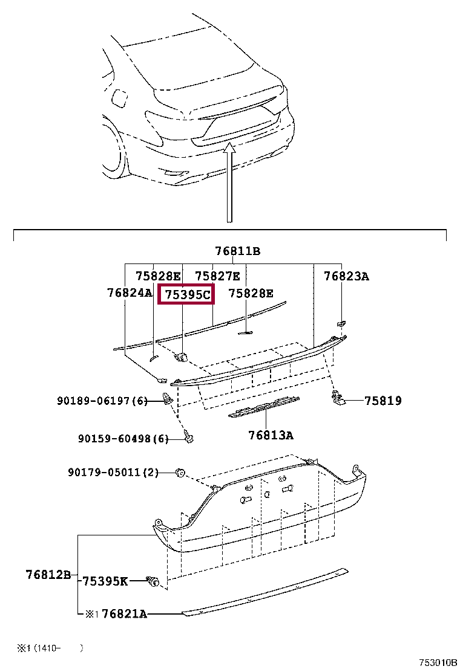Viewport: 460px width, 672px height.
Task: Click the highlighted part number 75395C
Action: tap(187, 295)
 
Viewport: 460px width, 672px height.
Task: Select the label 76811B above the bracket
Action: tap(237, 251)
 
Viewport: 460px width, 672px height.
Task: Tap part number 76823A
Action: tap(346, 276)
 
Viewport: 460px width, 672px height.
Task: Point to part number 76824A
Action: tap(129, 292)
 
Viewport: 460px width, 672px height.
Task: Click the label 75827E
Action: tap(217, 276)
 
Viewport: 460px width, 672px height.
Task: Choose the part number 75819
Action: tap(383, 401)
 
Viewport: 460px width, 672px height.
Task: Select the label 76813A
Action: tap(271, 435)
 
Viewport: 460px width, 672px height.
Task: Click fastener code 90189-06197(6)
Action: tap(102, 401)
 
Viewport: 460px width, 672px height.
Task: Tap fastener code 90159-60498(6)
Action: tap(123, 438)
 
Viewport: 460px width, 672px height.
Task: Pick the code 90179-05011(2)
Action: tap(113, 473)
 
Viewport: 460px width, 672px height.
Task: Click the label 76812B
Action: tap(48, 574)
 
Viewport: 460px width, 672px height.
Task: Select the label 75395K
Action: tap(105, 581)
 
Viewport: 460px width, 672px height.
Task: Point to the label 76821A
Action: tap(125, 614)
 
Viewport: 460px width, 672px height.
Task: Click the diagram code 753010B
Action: tap(438, 662)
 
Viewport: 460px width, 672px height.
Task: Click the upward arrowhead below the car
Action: tap(230, 148)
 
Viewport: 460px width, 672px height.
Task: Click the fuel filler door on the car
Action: tap(119, 98)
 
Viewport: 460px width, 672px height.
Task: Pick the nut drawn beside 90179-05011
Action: tap(180, 473)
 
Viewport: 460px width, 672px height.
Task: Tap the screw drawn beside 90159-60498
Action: tap(188, 437)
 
